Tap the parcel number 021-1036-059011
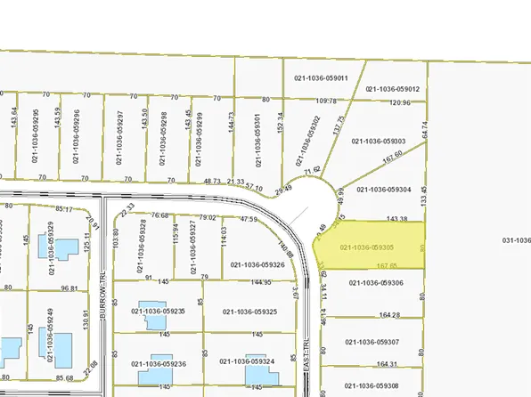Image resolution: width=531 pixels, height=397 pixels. click(323, 77)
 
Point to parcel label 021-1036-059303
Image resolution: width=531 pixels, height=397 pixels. click(379, 141)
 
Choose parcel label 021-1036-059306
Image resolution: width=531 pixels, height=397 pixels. click(377, 283)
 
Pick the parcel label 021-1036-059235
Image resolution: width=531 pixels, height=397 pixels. click(158, 312)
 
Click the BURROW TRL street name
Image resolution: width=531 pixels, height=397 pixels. click(103, 281)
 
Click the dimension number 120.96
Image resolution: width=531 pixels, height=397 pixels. click(401, 102)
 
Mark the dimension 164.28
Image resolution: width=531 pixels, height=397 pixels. click(388, 315)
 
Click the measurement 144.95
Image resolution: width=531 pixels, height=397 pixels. click(261, 282)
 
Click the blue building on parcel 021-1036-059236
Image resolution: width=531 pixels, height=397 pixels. click(150, 375)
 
